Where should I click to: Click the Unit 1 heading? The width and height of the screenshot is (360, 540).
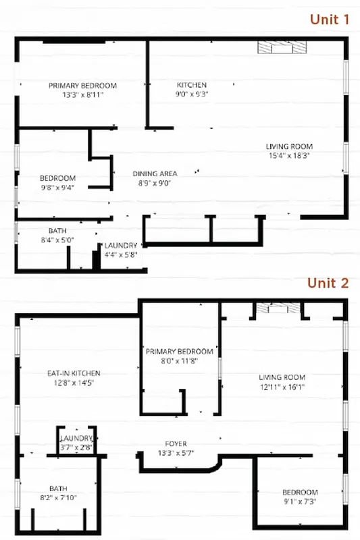pos(329,19)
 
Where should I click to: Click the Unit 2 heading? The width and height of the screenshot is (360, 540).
pos(328,282)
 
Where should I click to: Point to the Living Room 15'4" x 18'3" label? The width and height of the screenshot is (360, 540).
pos(289,151)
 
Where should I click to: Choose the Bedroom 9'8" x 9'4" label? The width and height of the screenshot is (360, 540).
pos(57,183)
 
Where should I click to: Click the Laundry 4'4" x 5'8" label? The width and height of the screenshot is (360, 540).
pos(121,250)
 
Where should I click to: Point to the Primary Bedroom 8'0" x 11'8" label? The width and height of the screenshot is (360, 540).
pos(180,356)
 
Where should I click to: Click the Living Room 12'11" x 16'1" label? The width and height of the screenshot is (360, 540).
pos(282,382)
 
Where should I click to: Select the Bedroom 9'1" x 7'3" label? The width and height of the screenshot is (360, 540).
pos(300,497)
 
